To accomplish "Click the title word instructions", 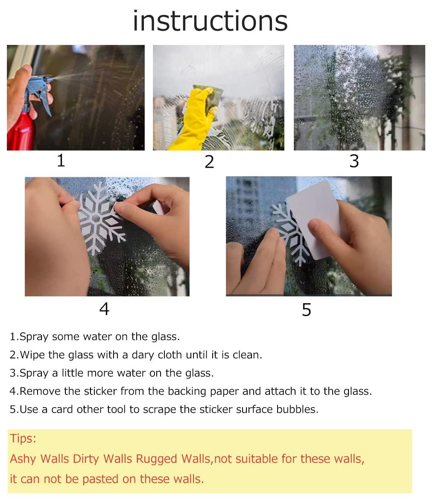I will (x=210, y=21).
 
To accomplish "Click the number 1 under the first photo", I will (x=61, y=161).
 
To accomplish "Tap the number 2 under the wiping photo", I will (x=209, y=162).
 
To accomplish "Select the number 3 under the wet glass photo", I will (x=354, y=161).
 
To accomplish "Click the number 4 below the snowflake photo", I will (x=104, y=309).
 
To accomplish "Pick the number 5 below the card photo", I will (x=306, y=310).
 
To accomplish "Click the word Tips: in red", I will (x=23, y=438).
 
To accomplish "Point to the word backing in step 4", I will (x=186, y=391).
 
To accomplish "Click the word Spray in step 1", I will (x=34, y=337).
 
